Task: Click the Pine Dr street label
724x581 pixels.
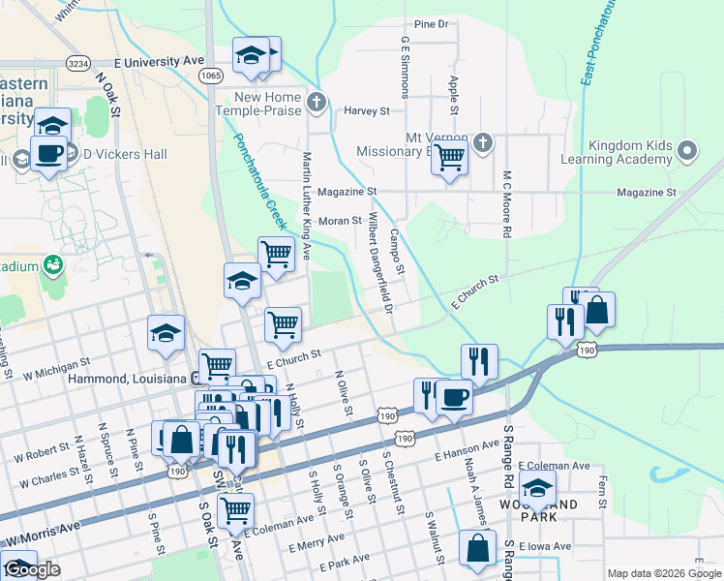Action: pyautogui.click(x=432, y=23)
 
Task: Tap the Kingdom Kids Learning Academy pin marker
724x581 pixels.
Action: pyautogui.click(x=687, y=151)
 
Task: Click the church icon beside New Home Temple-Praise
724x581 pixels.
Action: pyautogui.click(x=316, y=101)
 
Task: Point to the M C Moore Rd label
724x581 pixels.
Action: pyautogui.click(x=505, y=204)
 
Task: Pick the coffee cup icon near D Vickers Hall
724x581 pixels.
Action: pyautogui.click(x=48, y=152)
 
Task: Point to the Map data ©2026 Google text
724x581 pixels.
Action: pyautogui.click(x=663, y=573)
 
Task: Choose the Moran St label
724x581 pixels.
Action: pyautogui.click(x=340, y=221)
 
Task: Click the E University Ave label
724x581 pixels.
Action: pyautogui.click(x=152, y=61)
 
